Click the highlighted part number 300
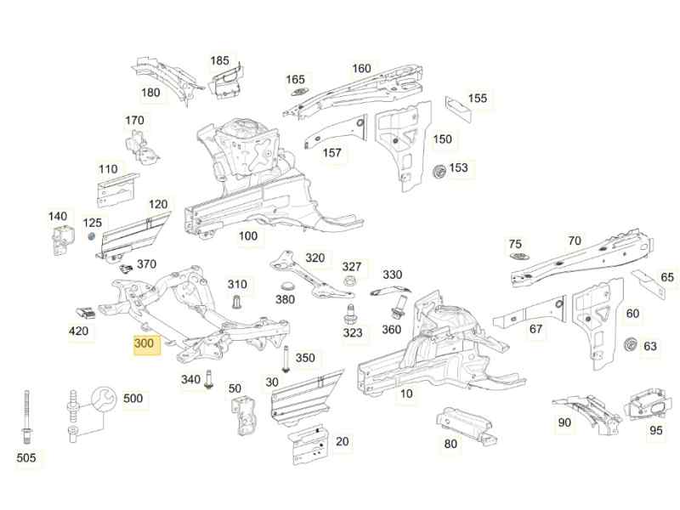tap(144, 344)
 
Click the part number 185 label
tap(219, 61)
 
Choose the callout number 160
tap(361, 69)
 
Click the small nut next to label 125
tap(91, 235)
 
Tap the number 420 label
tap(78, 331)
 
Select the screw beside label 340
tap(209, 379)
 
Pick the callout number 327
tap(352, 267)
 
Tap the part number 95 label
tap(655, 430)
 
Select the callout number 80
tap(450, 443)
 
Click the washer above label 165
tap(297, 93)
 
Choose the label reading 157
tap(332, 153)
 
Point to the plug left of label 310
tap(237, 302)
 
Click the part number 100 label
tap(247, 236)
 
